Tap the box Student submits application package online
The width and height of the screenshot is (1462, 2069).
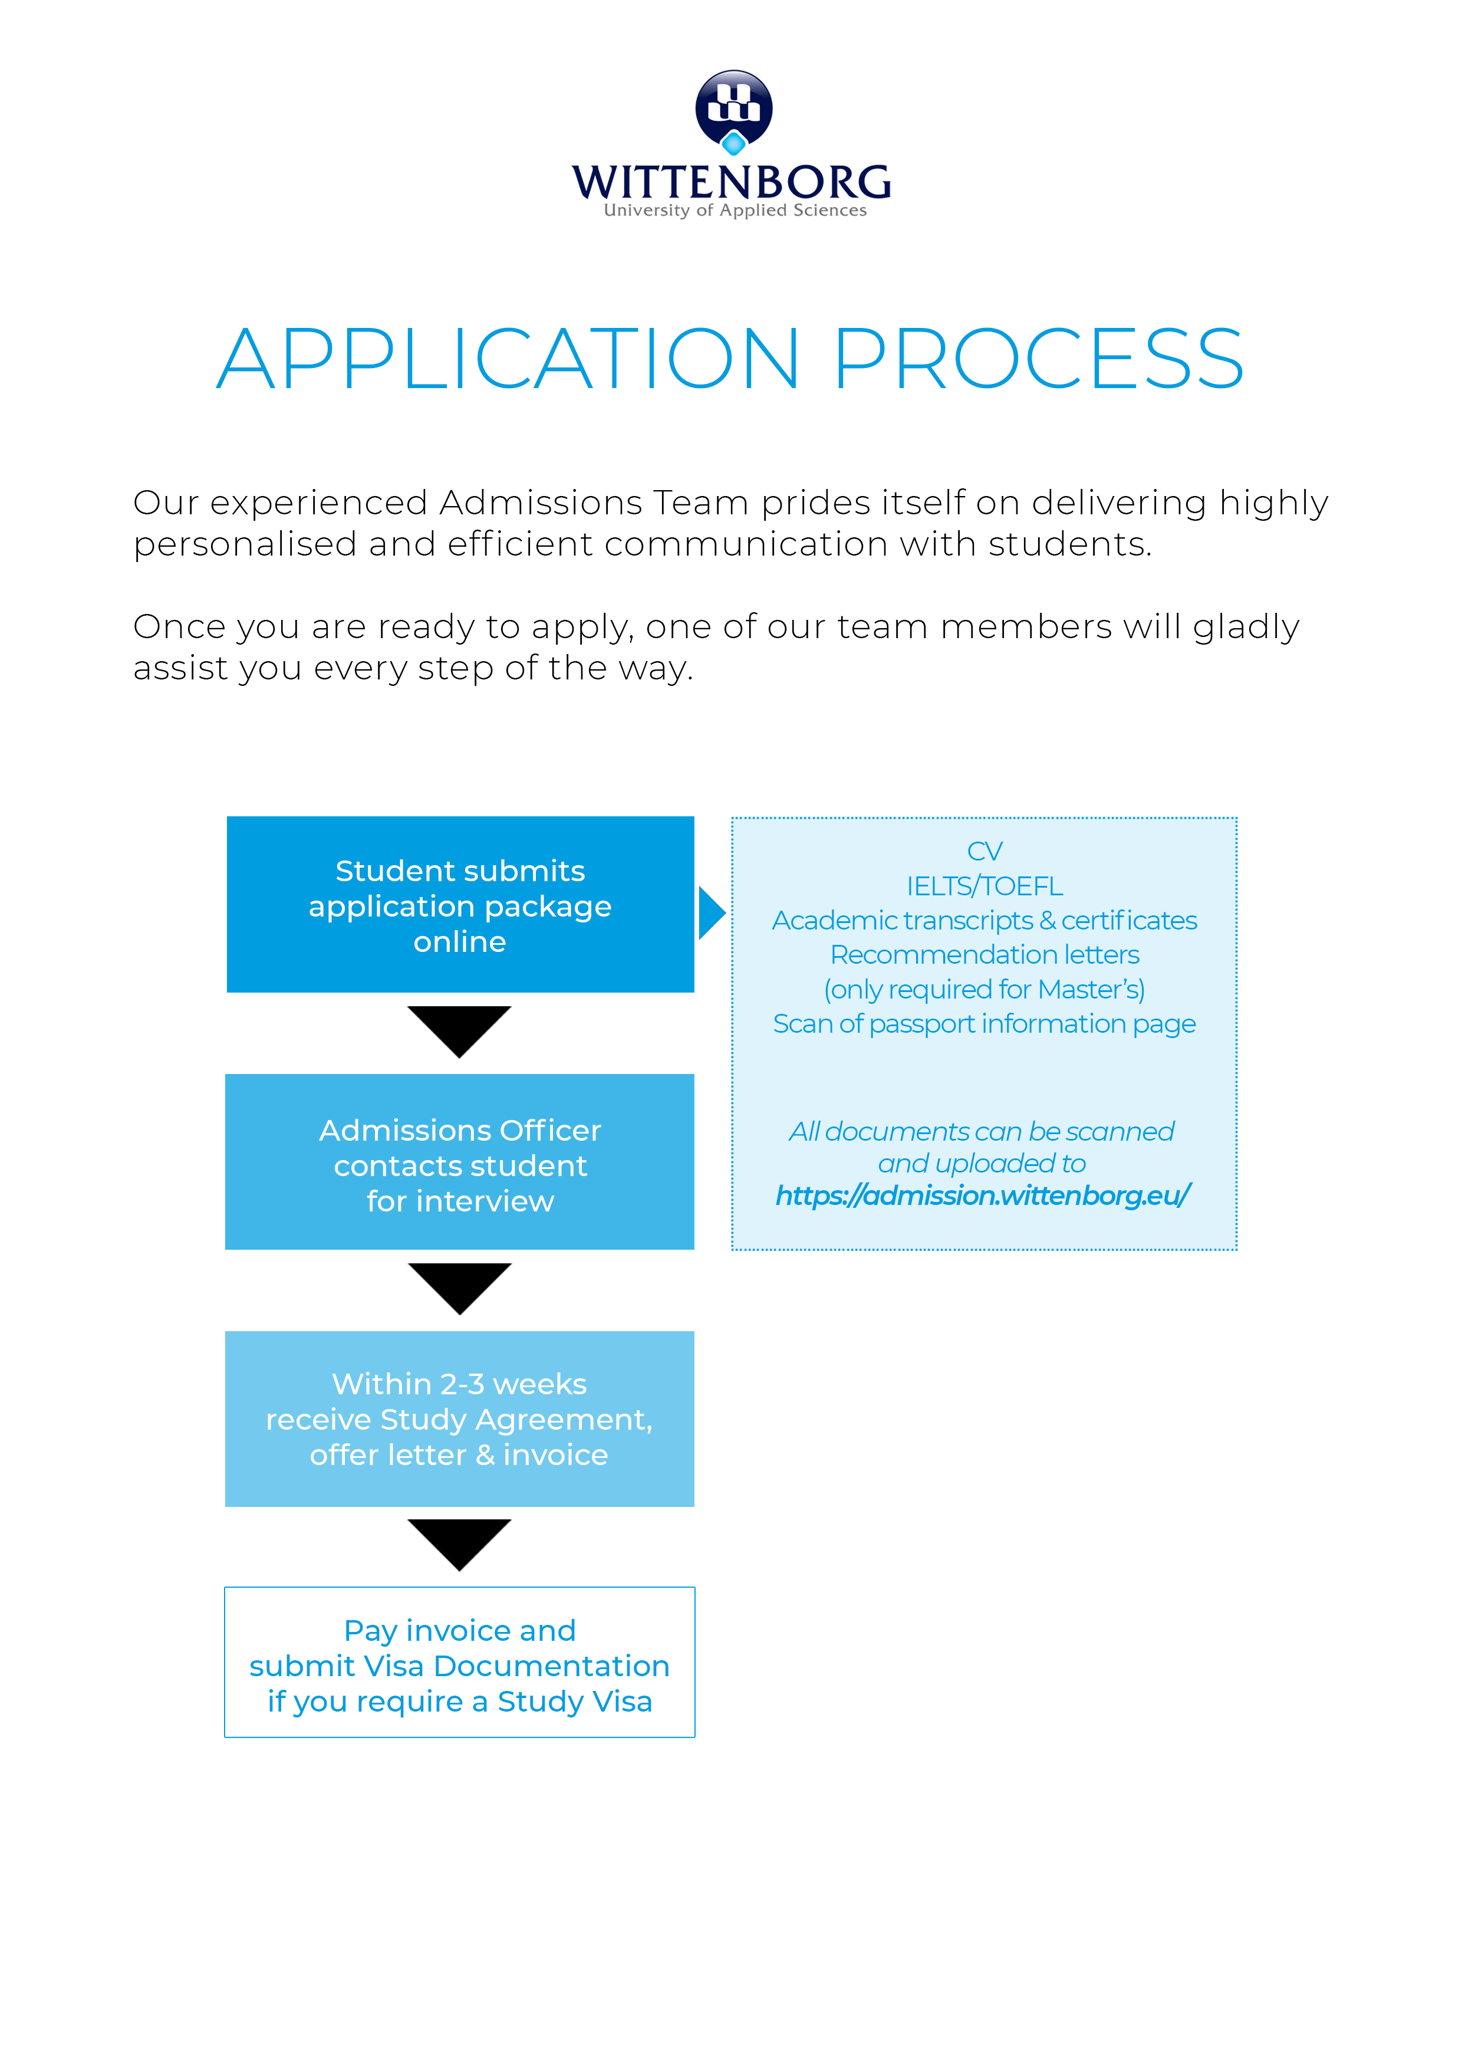click(460, 905)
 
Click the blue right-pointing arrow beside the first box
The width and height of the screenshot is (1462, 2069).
click(712, 913)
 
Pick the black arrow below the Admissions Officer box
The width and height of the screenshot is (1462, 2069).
click(459, 1286)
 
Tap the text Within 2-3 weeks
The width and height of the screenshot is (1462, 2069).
click(459, 1383)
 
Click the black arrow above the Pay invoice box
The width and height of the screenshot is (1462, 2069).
click(459, 1542)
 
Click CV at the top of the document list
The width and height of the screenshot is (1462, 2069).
click(984, 850)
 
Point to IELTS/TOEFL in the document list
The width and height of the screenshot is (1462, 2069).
click(984, 886)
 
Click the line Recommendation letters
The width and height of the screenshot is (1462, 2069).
click(984, 954)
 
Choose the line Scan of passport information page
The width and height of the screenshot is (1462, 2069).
click(984, 1024)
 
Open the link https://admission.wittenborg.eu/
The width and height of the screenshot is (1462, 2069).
click(982, 1196)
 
